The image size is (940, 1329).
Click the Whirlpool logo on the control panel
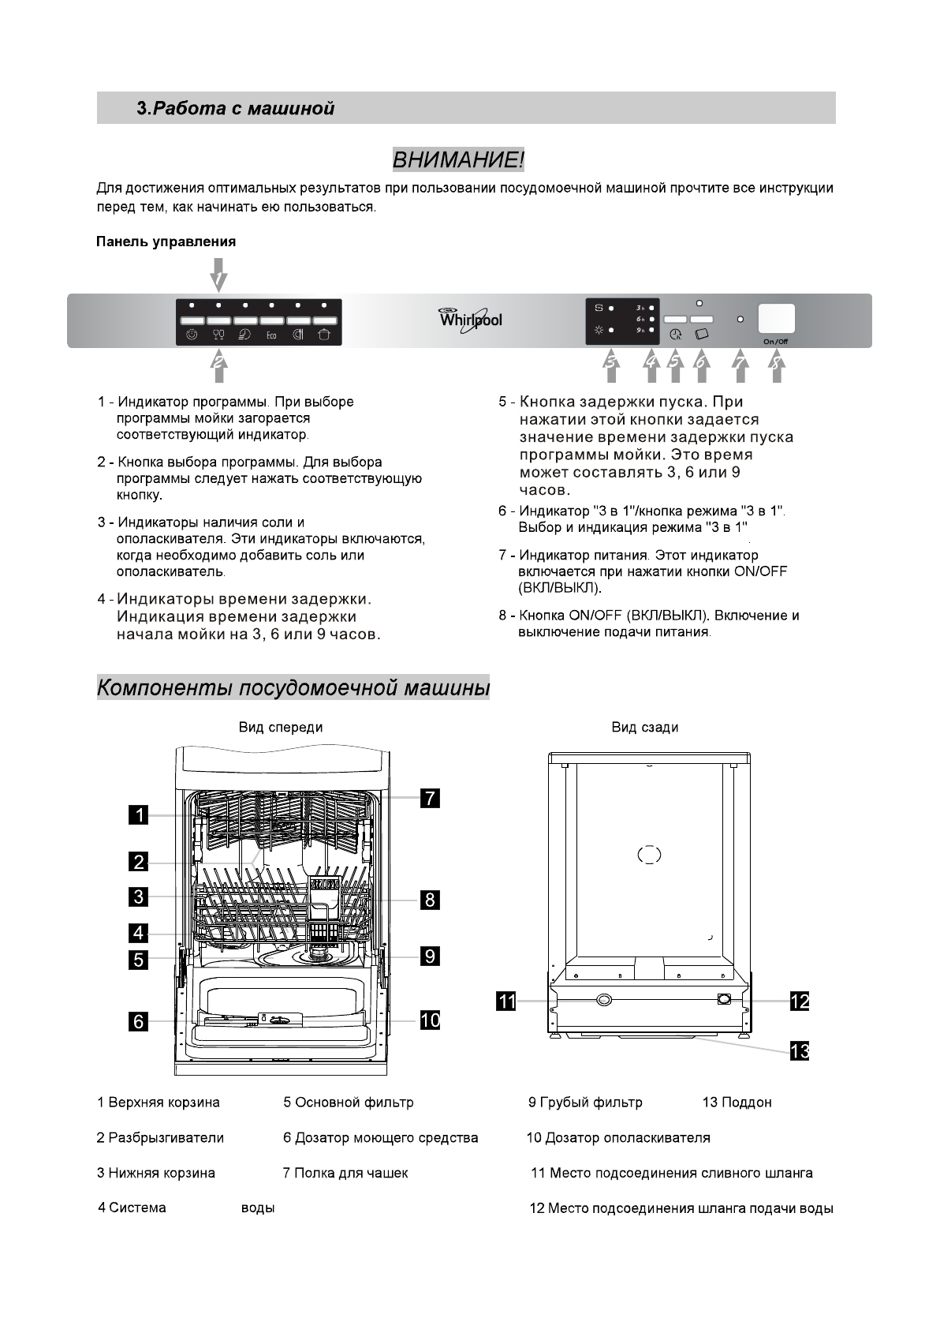click(x=470, y=320)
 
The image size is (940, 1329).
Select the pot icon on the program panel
click(x=325, y=335)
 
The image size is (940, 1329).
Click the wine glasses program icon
click(x=218, y=335)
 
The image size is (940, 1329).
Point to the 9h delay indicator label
click(x=641, y=330)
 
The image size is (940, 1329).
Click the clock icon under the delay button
click(x=675, y=335)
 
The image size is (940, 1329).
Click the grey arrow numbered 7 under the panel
click(x=740, y=365)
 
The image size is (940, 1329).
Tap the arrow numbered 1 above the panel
click(x=218, y=277)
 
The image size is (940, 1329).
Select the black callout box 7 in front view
click(x=429, y=798)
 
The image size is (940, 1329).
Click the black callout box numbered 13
click(x=800, y=1051)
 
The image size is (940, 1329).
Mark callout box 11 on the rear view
click(x=505, y=1001)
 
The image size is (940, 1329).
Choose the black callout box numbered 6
click(x=139, y=1022)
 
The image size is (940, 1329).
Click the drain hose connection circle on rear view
click(x=604, y=999)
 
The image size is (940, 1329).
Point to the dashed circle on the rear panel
click(x=648, y=855)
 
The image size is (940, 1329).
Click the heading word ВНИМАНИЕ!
click(x=458, y=161)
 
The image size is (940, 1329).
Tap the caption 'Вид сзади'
click(x=645, y=728)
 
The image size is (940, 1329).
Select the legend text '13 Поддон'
click(x=737, y=1103)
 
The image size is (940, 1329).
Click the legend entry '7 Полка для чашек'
click(x=345, y=1174)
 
